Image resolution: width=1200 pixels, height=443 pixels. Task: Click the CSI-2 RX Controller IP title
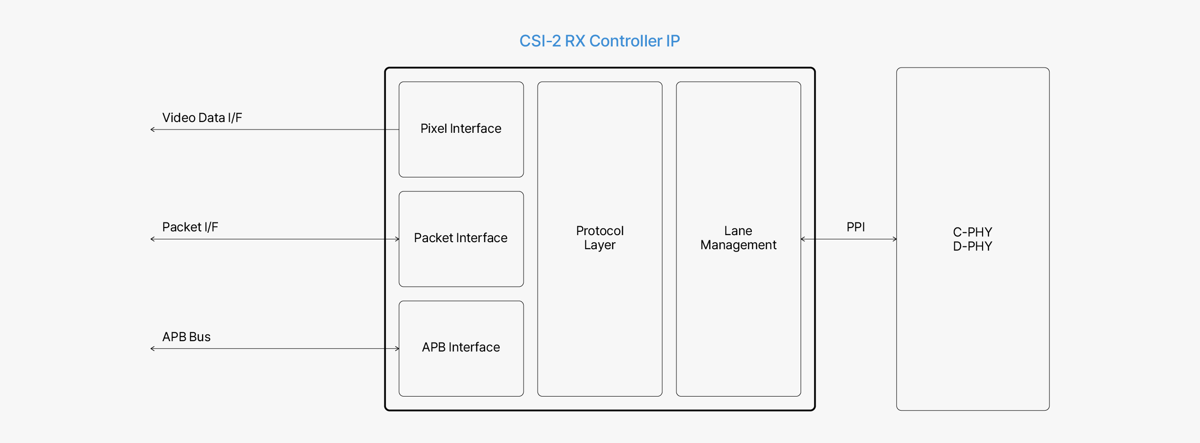click(x=600, y=41)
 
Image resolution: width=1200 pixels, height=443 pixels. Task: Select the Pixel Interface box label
click(x=461, y=129)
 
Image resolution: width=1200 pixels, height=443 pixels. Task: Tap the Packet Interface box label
click(x=461, y=238)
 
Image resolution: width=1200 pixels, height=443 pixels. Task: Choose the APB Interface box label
click(x=461, y=347)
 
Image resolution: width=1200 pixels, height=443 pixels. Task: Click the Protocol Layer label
click(x=600, y=238)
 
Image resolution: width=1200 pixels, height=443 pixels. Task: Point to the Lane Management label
click(x=738, y=238)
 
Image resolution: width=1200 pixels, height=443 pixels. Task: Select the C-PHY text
click(x=972, y=232)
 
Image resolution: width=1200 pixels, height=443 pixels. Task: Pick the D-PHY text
click(x=972, y=246)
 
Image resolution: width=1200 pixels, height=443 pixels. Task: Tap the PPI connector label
click(x=855, y=227)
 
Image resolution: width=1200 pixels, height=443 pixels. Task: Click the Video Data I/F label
click(x=202, y=118)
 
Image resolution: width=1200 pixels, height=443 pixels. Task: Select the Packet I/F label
click(x=190, y=227)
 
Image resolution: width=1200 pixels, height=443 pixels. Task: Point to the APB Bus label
click(x=187, y=337)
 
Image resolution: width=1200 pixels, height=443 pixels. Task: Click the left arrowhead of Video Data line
click(x=152, y=130)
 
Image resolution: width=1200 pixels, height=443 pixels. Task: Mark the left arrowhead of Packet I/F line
click(x=152, y=239)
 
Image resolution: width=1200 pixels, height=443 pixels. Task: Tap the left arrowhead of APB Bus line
click(x=152, y=349)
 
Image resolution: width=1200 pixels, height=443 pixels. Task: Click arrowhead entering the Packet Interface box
click(x=397, y=239)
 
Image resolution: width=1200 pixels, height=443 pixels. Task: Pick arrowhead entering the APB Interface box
click(x=397, y=349)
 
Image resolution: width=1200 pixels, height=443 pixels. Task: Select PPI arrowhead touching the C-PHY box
click(x=894, y=239)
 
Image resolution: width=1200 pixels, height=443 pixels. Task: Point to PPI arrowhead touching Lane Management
click(x=803, y=239)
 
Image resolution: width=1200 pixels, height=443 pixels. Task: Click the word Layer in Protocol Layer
click(x=600, y=245)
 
